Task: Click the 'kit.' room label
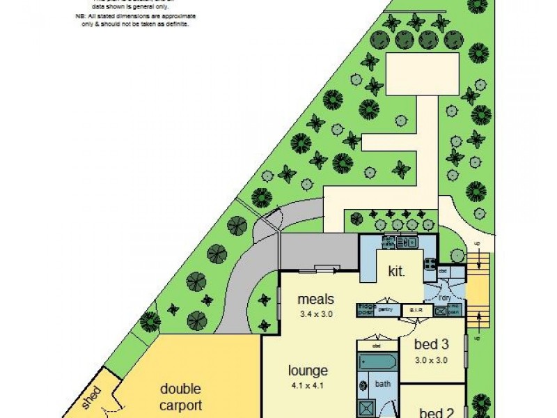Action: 397,270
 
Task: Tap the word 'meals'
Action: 316,300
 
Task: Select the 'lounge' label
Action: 309,371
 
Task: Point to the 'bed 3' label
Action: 430,344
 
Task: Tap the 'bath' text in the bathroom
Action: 383,383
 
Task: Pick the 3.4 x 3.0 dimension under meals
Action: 316,314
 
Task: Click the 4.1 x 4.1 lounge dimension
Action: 309,385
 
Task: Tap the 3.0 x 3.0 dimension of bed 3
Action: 430,360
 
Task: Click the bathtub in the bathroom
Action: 377,362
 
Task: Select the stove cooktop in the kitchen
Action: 430,265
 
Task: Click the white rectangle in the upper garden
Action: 412,75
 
